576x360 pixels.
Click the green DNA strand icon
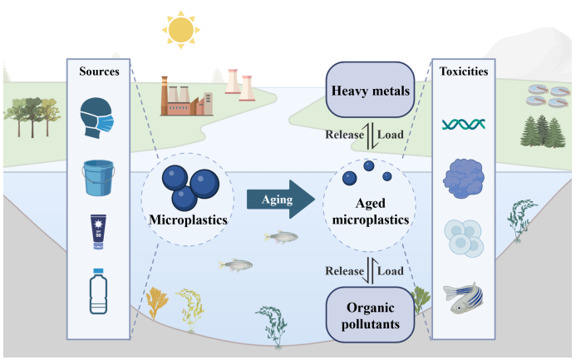(463, 124)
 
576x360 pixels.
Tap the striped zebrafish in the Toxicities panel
(465, 297)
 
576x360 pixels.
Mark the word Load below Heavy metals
(391, 134)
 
